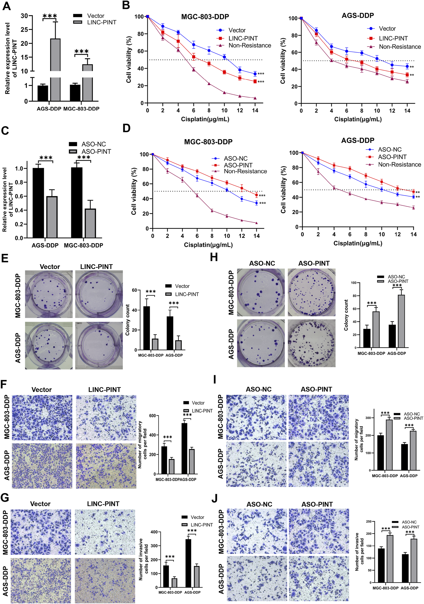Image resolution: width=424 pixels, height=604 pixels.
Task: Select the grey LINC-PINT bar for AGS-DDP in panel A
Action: coord(55,70)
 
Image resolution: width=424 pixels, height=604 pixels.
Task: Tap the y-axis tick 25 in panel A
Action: coord(24,29)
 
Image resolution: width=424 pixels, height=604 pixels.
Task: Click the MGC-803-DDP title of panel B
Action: coord(205,17)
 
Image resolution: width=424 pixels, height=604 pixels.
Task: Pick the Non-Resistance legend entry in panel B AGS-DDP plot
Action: coord(400,47)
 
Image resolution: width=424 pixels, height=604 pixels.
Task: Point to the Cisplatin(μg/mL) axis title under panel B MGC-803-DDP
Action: coord(205,119)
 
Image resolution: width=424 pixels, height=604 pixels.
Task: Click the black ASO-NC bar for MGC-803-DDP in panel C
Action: coord(77,202)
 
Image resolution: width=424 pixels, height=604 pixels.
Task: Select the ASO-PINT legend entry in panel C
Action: coord(96,151)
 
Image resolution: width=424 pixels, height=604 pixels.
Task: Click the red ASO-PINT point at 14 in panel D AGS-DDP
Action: coord(413,192)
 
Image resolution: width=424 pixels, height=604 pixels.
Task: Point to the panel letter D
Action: coord(127,128)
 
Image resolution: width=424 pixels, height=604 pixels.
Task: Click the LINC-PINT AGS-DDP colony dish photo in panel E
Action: coord(99,345)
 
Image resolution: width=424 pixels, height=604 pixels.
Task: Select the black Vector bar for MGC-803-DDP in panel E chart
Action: coord(146,328)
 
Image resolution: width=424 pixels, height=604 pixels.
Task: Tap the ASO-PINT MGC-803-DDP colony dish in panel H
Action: coord(311,292)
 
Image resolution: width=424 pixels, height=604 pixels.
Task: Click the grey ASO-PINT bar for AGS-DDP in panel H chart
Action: coord(401,321)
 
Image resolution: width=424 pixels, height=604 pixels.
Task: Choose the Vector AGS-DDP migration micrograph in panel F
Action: coord(42,466)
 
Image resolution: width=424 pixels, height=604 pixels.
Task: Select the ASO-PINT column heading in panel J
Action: coord(317,504)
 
